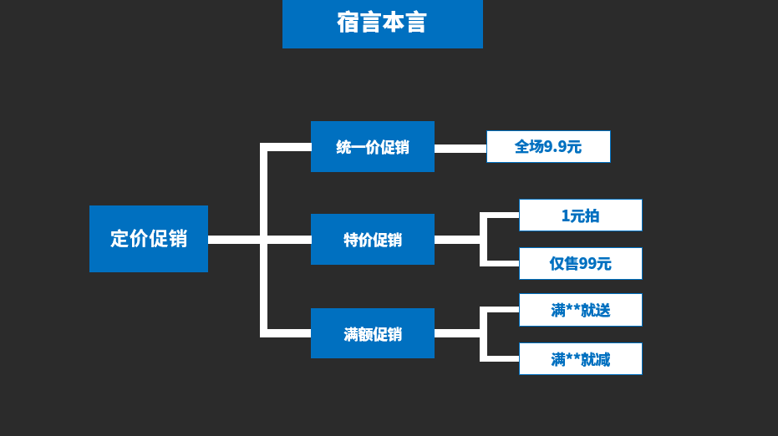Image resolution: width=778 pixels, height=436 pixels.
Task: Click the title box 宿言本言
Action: pos(382,23)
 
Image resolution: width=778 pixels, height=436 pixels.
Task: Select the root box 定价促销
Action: pos(149,239)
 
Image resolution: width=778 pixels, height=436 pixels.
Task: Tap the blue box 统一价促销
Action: pos(373,147)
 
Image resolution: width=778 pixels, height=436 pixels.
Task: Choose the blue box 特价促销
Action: pos(373,240)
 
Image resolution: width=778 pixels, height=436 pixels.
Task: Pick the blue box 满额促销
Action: pos(373,333)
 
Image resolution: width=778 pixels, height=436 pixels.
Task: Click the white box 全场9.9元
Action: pos(548,147)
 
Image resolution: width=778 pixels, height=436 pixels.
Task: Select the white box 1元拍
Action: pos(581,215)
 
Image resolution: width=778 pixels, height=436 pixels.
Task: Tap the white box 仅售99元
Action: pos(581,264)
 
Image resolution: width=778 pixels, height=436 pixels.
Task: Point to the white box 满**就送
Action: pos(581,311)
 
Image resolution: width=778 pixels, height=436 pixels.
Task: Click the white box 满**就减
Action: pos(581,359)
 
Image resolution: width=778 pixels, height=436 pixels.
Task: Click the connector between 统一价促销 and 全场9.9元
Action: pos(460,149)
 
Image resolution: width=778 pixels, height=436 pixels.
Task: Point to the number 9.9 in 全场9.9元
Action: pos(556,147)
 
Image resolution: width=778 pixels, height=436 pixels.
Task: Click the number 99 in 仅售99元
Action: pos(589,264)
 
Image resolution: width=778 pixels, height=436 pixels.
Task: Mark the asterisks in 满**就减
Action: pos(574,358)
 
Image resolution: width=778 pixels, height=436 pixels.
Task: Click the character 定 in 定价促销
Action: pos(119,239)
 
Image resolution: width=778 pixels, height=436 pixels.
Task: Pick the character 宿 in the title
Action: pos(348,23)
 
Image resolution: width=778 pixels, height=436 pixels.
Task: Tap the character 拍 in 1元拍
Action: pos(592,215)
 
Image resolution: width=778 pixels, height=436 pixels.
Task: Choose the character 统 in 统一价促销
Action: pos(343,148)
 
